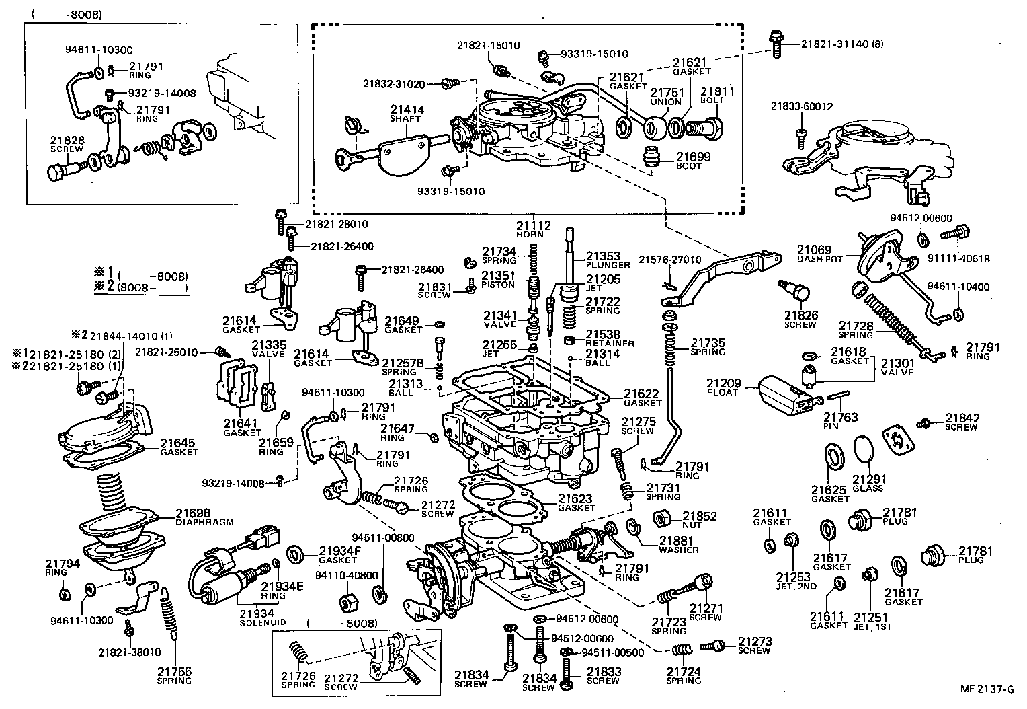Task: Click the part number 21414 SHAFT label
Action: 406,113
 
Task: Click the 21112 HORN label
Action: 534,229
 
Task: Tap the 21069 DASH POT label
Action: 814,254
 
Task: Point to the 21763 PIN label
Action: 840,421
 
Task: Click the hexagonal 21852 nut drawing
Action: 662,519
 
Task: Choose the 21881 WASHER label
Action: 678,544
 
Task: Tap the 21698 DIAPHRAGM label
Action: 195,517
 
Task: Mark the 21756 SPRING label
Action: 175,675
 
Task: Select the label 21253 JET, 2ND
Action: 796,581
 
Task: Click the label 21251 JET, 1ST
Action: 870,621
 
